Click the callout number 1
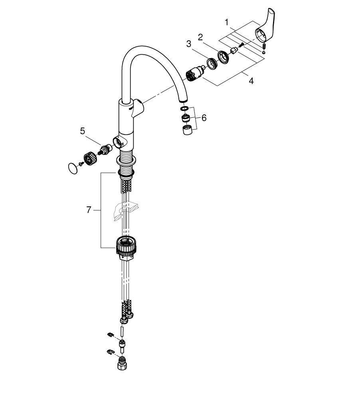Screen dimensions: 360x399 [226, 23]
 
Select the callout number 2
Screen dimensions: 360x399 [201, 38]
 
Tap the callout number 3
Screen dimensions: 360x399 [188, 44]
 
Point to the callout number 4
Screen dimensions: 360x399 [251, 81]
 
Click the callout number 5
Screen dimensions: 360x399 [82, 131]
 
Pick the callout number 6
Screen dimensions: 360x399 [204, 118]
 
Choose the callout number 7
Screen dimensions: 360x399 [89, 210]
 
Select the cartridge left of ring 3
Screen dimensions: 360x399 [195, 74]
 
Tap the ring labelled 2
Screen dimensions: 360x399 [224, 57]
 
